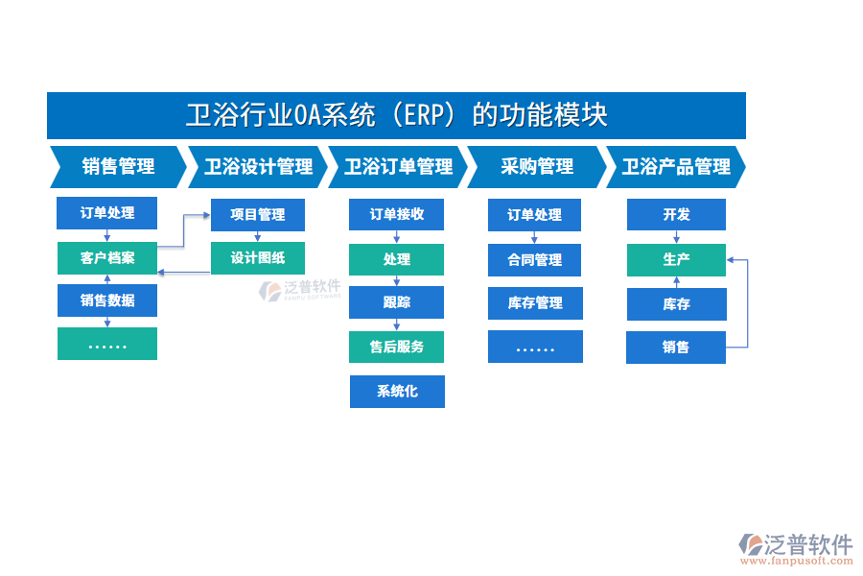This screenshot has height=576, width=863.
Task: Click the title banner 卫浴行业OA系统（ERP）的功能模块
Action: [x=396, y=116]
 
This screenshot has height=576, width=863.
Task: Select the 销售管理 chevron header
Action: [x=117, y=167]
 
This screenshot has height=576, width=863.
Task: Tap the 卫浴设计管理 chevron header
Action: [x=257, y=167]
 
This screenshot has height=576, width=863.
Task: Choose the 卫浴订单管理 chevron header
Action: [x=397, y=167]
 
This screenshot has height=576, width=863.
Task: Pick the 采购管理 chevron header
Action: [x=536, y=167]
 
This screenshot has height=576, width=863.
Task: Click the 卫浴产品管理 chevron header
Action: [x=675, y=167]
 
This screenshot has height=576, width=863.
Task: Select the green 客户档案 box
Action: [x=107, y=258]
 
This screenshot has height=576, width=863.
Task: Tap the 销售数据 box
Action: [x=107, y=300]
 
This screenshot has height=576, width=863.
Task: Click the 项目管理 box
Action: [x=257, y=215]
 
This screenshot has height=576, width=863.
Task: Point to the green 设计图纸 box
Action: [x=257, y=258]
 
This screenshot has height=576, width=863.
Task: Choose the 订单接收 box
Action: [x=397, y=215]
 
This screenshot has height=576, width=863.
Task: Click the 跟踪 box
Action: [x=397, y=302]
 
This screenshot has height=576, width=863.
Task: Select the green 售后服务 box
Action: [x=397, y=347]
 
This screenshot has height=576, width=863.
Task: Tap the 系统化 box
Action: [x=397, y=392]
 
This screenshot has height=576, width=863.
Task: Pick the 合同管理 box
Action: [x=534, y=259]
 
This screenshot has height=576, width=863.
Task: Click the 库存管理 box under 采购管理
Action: [x=534, y=303]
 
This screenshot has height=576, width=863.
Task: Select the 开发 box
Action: [x=676, y=215]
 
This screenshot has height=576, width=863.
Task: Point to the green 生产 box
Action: [x=676, y=260]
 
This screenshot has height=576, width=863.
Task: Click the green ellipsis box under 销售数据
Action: [x=107, y=344]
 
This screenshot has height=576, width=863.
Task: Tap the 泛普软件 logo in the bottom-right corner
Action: [x=795, y=548]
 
